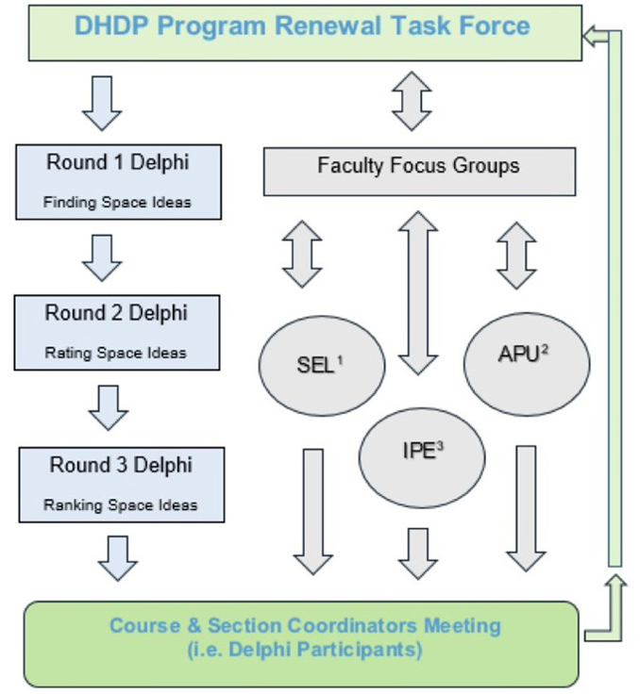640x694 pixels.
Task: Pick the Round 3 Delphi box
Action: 122,484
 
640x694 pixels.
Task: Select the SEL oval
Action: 322,366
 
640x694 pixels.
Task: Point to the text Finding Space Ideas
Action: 118,202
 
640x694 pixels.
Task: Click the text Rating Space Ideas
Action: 116,354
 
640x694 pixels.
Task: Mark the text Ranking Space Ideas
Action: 121,505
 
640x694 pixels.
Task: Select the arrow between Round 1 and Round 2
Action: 102,256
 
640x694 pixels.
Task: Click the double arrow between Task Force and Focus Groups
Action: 412,100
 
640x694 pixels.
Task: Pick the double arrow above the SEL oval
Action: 302,255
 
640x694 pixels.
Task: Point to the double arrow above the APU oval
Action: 516,255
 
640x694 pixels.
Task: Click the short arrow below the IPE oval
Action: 418,552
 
